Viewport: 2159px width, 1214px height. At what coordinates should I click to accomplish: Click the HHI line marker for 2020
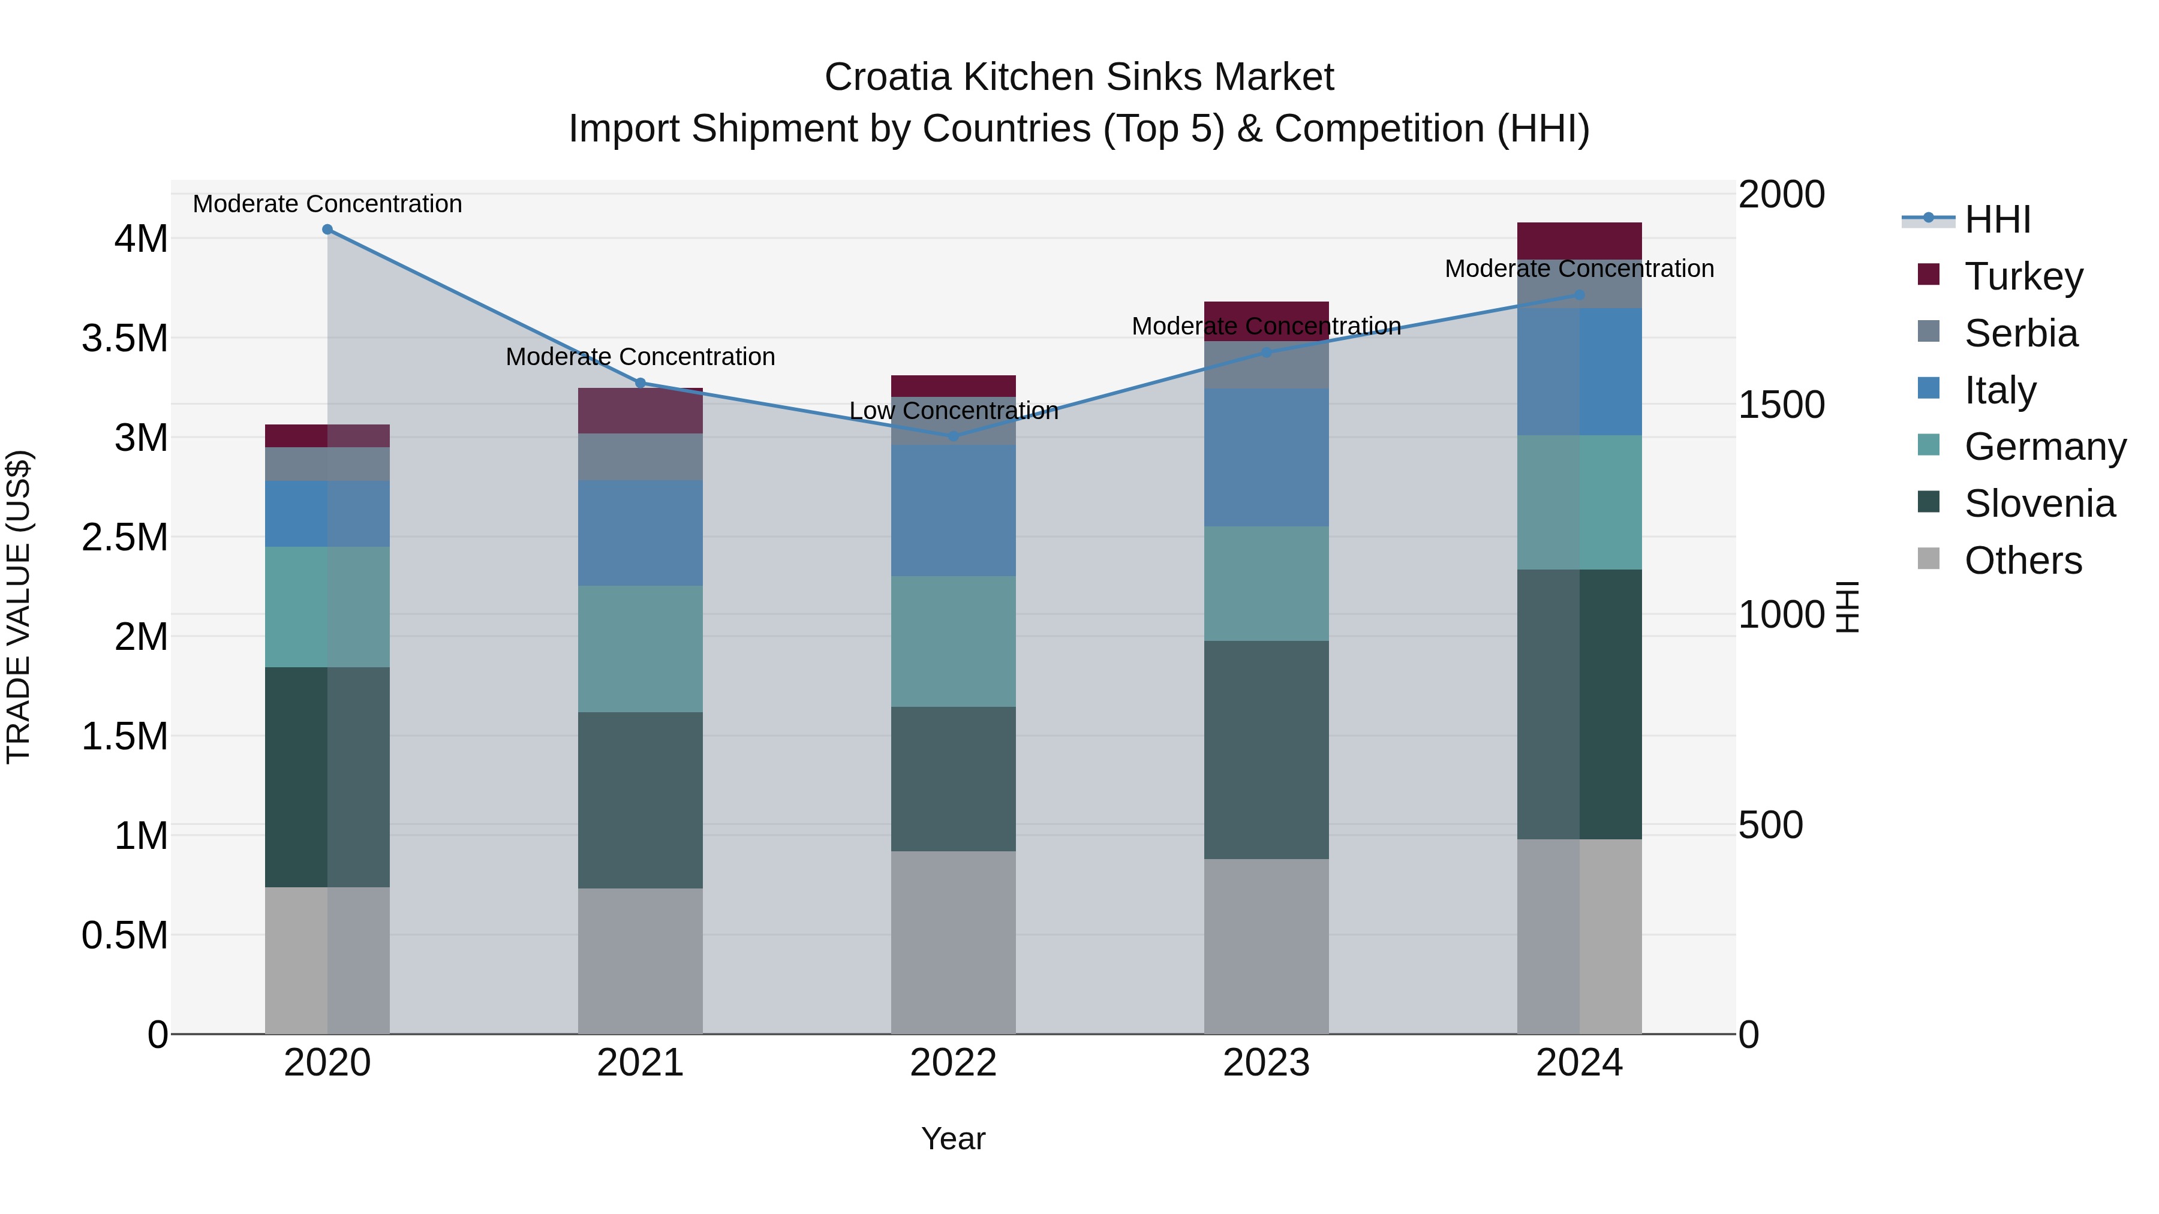pyautogui.click(x=327, y=230)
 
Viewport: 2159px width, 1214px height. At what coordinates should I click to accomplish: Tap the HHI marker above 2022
pyautogui.click(x=953, y=436)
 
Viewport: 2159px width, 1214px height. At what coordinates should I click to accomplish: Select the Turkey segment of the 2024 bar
pyautogui.click(x=1579, y=240)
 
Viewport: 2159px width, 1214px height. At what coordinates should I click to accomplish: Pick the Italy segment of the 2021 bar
pyautogui.click(x=641, y=533)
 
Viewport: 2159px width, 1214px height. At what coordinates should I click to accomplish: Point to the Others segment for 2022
pyautogui.click(x=953, y=942)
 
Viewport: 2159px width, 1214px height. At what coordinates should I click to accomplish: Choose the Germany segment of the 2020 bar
pyautogui.click(x=327, y=607)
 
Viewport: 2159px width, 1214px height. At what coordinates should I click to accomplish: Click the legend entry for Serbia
pyautogui.click(x=2020, y=333)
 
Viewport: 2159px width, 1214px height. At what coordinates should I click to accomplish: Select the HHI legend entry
pyautogui.click(x=1996, y=219)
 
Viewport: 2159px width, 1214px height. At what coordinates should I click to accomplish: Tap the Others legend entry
pyautogui.click(x=2022, y=561)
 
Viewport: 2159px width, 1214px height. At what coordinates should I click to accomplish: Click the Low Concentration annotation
pyautogui.click(x=954, y=411)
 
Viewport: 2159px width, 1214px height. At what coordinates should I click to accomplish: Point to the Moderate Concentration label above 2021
pyautogui.click(x=641, y=357)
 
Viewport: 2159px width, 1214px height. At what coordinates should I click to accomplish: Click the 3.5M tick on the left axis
pyautogui.click(x=125, y=339)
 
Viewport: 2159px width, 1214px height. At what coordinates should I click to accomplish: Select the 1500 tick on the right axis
pyautogui.click(x=1781, y=405)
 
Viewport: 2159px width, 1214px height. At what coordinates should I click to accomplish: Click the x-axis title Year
pyautogui.click(x=953, y=1138)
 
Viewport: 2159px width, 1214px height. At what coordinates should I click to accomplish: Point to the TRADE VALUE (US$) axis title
pyautogui.click(x=19, y=607)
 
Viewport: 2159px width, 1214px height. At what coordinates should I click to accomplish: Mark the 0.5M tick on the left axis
pyautogui.click(x=125, y=935)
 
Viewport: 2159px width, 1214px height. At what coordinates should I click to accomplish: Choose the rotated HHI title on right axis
pyautogui.click(x=1847, y=607)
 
